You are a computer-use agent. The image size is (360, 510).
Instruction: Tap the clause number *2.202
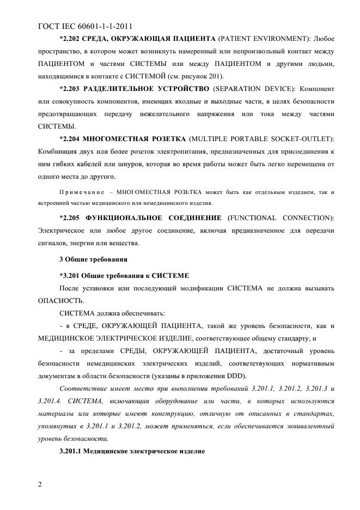(70, 39)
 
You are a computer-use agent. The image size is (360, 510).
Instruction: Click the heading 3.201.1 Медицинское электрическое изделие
(132, 451)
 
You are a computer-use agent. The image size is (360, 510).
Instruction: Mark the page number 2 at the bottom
(40, 484)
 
